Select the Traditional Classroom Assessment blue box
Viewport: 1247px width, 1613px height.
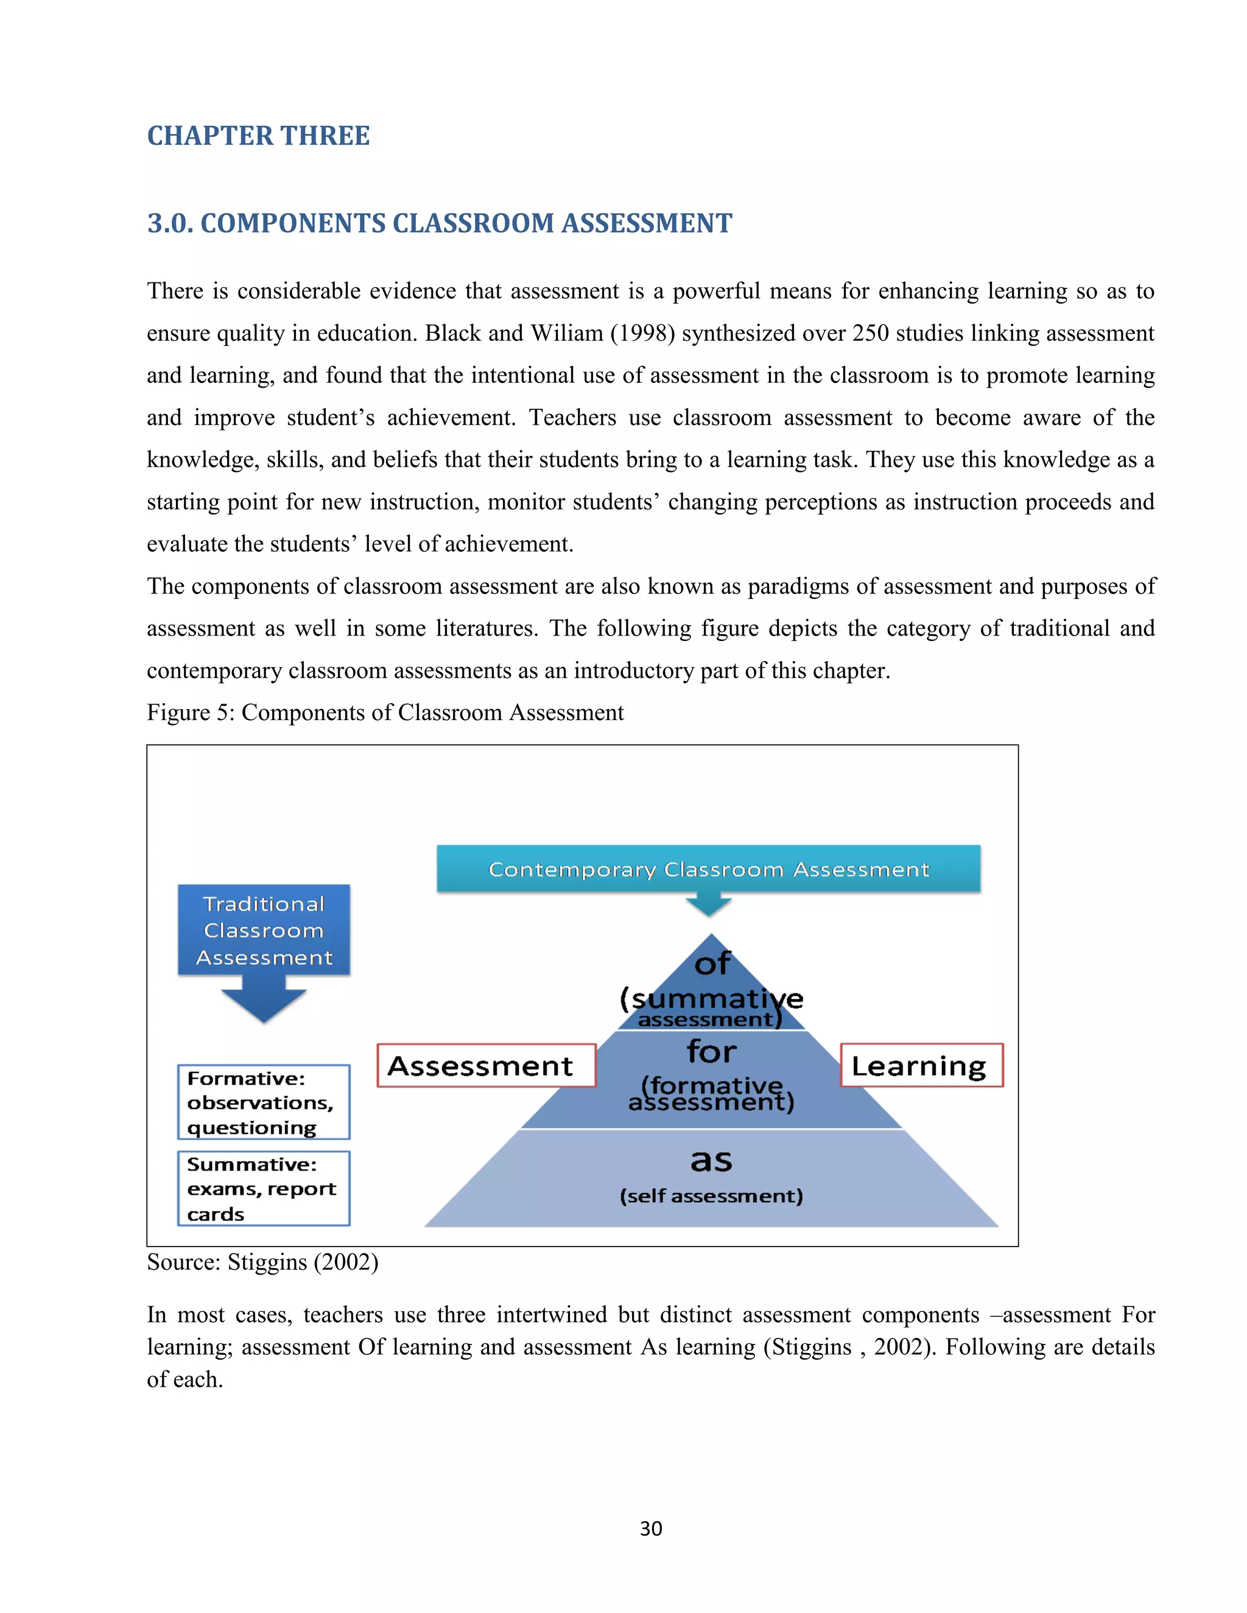pyautogui.click(x=264, y=930)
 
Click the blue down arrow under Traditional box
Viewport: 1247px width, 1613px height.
pyautogui.click(x=264, y=1000)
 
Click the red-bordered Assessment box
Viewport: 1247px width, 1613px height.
pyautogui.click(x=485, y=1066)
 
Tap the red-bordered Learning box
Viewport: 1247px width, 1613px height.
pyautogui.click(x=921, y=1066)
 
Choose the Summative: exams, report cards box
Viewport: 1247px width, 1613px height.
pyautogui.click(x=263, y=1188)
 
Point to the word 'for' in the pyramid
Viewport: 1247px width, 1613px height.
pyautogui.click(x=711, y=1052)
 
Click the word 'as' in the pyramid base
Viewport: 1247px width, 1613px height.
pyautogui.click(x=711, y=1160)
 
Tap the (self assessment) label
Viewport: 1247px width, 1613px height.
pyautogui.click(x=711, y=1195)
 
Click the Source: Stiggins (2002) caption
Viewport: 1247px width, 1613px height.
pyautogui.click(x=262, y=1262)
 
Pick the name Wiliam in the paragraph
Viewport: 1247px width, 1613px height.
pyautogui.click(x=567, y=333)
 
